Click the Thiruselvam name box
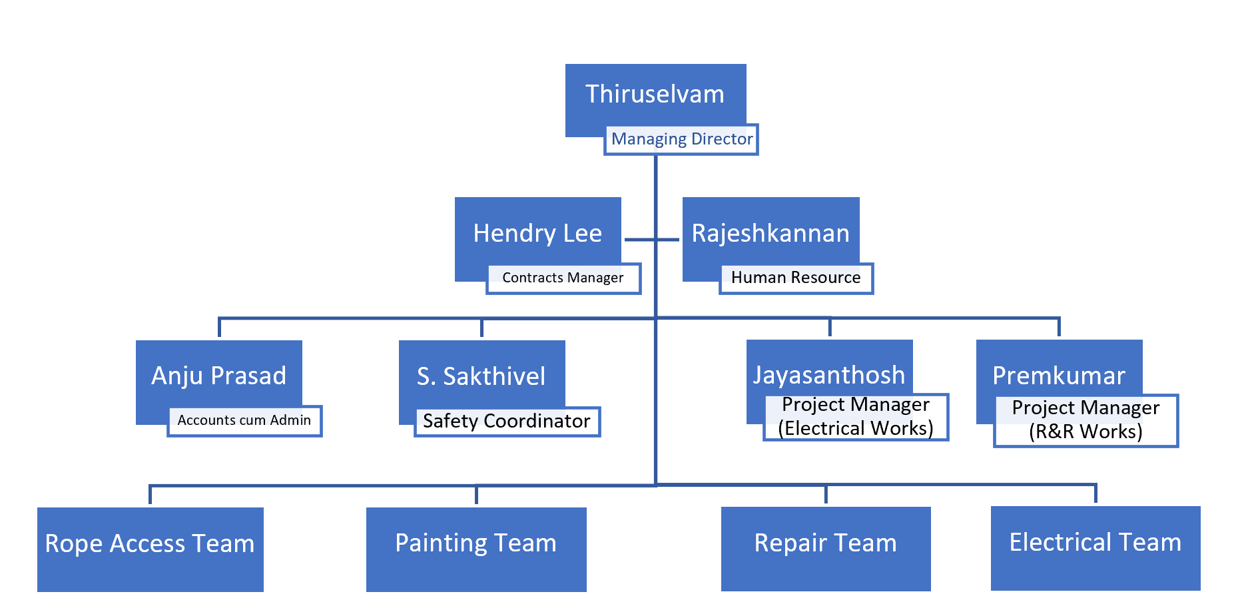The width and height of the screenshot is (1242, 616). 655,94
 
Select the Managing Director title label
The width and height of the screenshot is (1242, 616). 681,139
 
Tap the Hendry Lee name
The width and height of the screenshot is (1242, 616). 537,233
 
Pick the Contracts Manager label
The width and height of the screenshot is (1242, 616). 563,278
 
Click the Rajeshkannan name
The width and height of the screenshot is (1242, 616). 771,233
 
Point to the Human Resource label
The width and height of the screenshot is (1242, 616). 796,278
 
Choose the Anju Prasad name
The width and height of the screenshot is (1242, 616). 218,376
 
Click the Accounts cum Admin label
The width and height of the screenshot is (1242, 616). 244,420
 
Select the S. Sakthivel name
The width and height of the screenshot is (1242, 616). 481,376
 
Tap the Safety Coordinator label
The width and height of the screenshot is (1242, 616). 507,421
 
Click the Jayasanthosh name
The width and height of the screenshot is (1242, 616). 829,375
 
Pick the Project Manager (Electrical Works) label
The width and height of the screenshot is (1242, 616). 856,417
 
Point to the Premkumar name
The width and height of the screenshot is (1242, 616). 1059,376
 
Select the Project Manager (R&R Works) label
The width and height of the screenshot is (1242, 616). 1086,420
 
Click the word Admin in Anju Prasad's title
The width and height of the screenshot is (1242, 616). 290,420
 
